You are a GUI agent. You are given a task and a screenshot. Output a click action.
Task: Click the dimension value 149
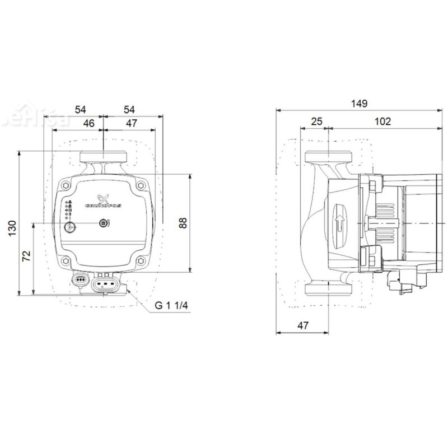359,103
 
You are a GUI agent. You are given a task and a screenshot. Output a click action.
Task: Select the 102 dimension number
383,121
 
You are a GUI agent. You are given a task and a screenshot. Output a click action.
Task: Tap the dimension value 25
317,121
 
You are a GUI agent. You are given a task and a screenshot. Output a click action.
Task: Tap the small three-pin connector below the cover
81,278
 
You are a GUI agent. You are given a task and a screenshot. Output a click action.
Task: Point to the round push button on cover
69,227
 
